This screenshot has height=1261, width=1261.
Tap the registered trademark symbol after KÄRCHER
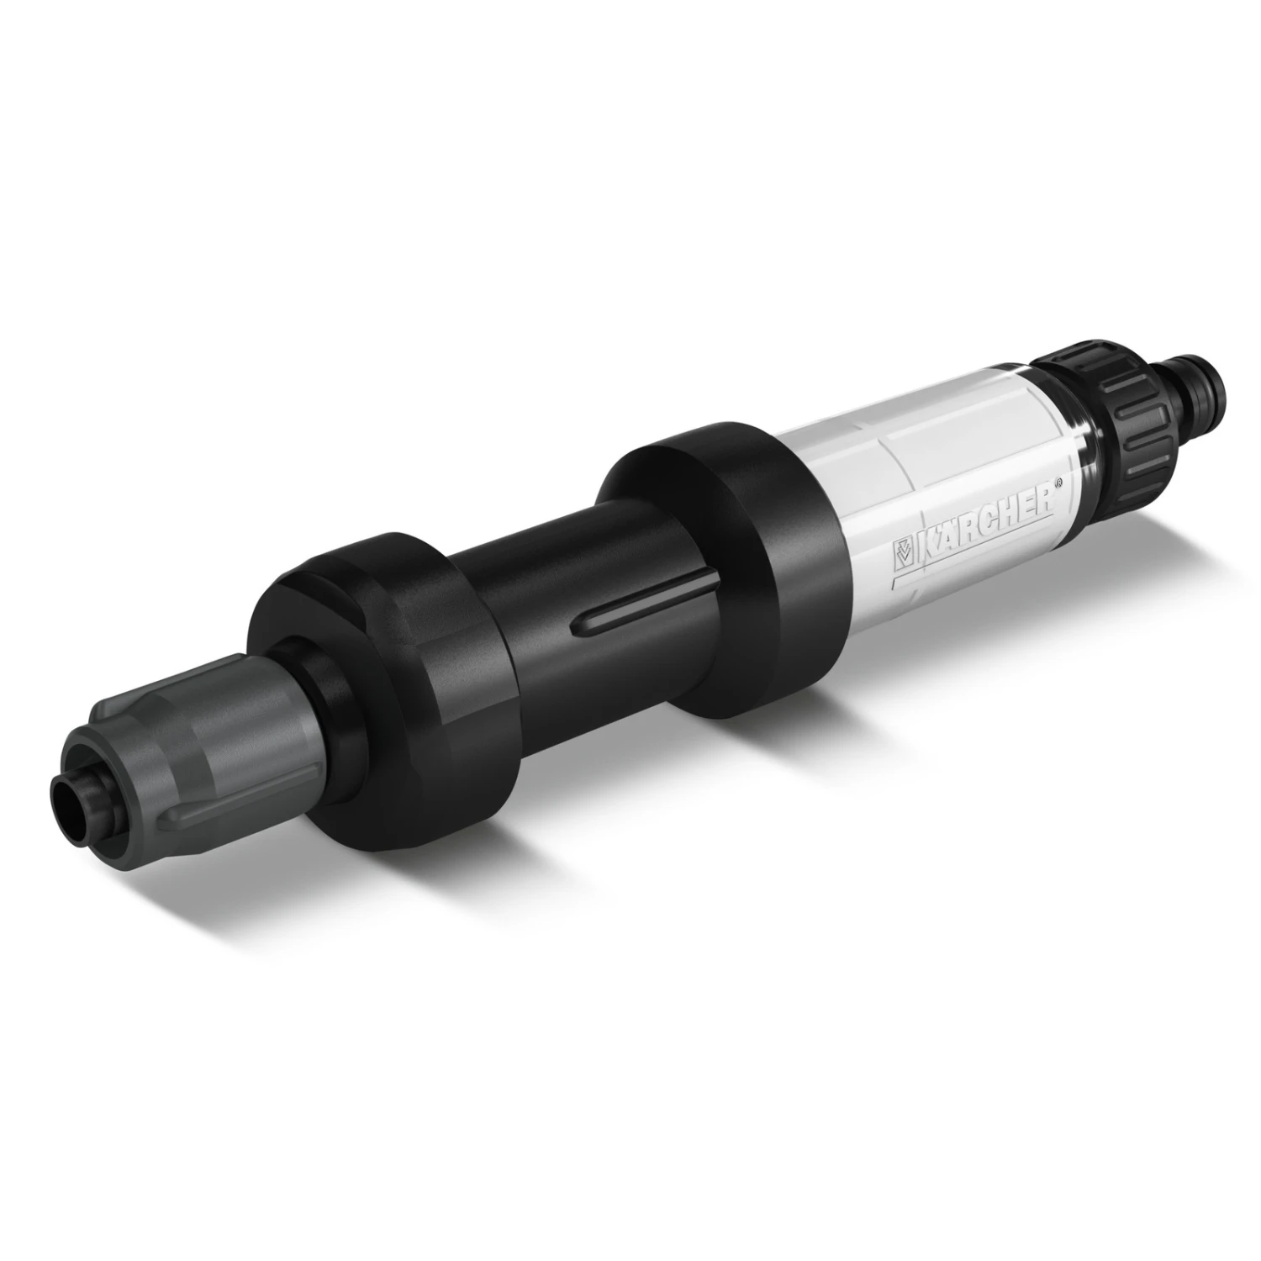[1059, 483]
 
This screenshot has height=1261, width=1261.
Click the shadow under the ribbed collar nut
[1143, 513]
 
